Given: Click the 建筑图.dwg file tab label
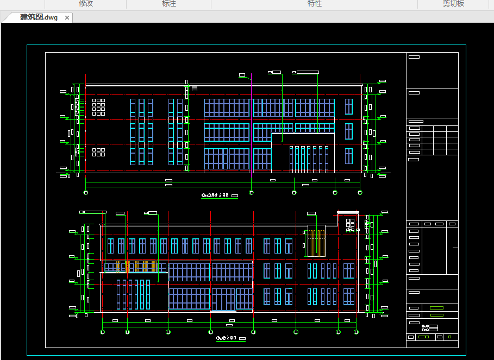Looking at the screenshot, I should tap(39, 17).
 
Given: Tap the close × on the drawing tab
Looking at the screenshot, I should tap(67, 18).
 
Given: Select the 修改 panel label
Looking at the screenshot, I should tap(86, 4).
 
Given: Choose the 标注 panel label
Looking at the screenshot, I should tap(169, 4).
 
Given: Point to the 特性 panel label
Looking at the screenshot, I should tap(315, 4).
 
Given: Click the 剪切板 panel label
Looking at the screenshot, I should tap(453, 4).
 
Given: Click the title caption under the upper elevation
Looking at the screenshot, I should tap(220, 195).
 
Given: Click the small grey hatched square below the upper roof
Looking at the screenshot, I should tap(194, 88).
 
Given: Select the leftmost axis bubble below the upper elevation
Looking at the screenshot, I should tap(86, 192).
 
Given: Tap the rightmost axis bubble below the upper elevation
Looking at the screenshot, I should tap(360, 192).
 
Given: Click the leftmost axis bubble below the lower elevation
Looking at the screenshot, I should tap(103, 332).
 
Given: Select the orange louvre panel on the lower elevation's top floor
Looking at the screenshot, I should tap(315, 243).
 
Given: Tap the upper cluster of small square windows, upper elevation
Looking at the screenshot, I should tap(98, 107).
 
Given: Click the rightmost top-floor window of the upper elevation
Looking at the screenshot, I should tap(348, 106).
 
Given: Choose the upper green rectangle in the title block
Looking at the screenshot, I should tap(436, 307).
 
